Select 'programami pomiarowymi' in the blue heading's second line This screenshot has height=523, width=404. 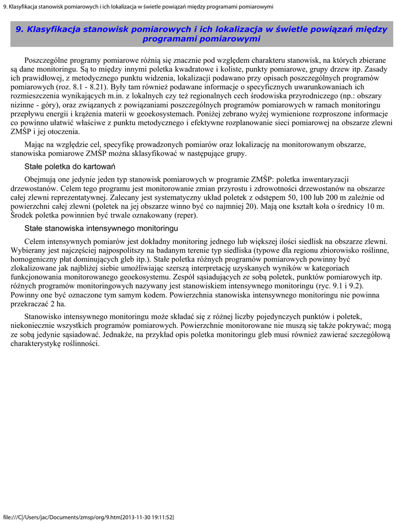202,39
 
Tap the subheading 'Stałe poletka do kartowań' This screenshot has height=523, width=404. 70,167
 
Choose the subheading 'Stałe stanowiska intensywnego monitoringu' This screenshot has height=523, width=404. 101,228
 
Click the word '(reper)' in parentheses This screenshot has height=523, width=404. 186,216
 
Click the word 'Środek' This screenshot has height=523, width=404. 22,216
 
